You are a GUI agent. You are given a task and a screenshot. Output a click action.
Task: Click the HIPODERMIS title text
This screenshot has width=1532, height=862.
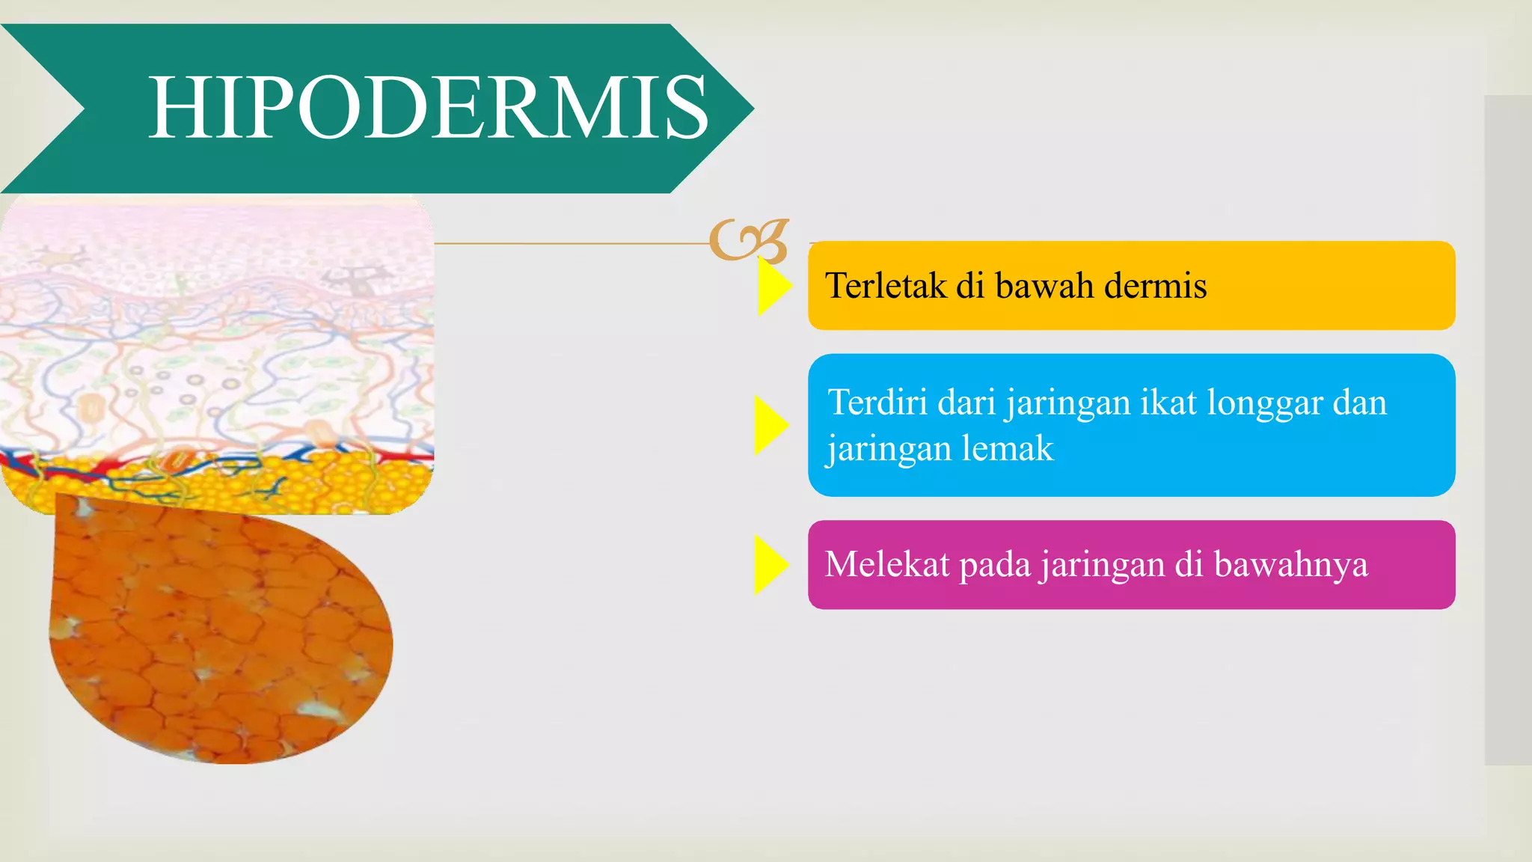pos(428,108)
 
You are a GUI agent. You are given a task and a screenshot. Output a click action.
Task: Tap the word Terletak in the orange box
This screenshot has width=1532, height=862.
pos(884,286)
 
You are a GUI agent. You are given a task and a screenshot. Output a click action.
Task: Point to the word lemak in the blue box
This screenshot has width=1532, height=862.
pos(1007,449)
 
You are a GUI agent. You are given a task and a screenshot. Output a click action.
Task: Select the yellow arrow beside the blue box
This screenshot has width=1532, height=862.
pos(770,425)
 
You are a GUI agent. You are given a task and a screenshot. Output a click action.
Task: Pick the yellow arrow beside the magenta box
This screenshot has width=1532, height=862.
pos(770,565)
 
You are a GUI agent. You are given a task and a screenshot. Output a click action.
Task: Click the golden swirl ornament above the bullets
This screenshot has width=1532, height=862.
pos(748,241)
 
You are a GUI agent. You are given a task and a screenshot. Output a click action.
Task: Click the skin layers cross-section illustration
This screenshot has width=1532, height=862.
pos(217,352)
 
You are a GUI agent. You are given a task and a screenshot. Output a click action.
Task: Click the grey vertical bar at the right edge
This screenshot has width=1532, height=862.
pos(1507,430)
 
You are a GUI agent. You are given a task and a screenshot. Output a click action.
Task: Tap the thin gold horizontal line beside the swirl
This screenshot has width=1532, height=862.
pos(569,243)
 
